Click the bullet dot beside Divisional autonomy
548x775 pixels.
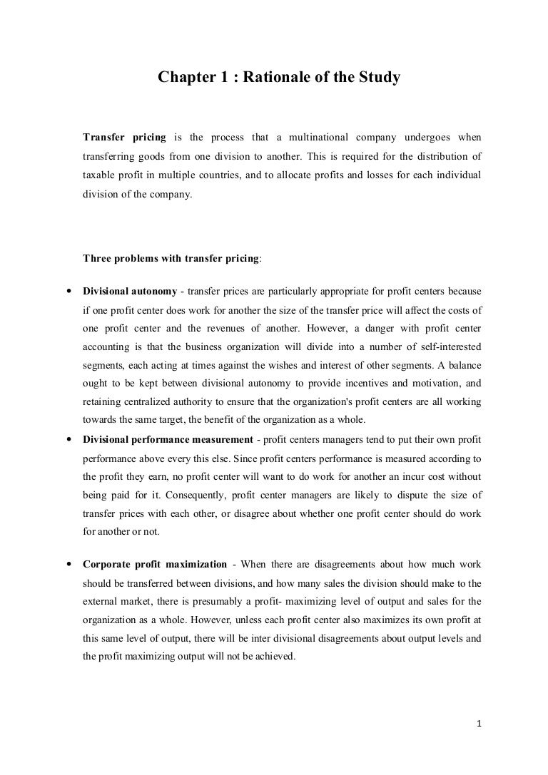(x=66, y=292)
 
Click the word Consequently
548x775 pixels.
(x=220, y=496)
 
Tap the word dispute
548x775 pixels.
(x=418, y=496)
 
